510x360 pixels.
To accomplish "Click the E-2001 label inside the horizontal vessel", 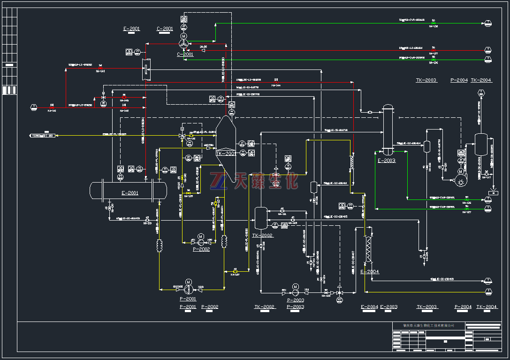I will tap(129, 193).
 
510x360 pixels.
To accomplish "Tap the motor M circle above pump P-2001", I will tap(188, 282).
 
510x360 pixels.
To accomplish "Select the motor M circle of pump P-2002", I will tap(201, 237).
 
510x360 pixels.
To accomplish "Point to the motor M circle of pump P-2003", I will tap(295, 286).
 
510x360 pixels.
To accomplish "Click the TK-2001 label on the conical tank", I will tap(226, 153).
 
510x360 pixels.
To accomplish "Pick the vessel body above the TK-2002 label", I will tap(261, 216).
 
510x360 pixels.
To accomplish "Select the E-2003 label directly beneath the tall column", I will tap(386, 161).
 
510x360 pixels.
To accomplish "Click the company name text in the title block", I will tap(428, 325).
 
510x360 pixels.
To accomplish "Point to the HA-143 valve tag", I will tap(100, 71).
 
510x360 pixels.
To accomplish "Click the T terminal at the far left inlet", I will tap(34, 107).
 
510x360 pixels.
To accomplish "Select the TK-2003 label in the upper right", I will tap(426, 80).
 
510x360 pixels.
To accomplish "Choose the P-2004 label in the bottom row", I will tap(463, 307).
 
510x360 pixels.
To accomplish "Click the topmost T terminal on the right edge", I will tap(488, 23).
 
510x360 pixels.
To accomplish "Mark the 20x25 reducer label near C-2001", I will tap(203, 47).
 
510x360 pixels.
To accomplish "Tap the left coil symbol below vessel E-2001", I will tap(159, 245).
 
